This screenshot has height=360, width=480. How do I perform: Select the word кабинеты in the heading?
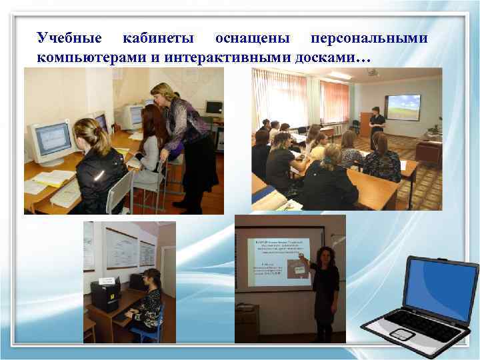157,39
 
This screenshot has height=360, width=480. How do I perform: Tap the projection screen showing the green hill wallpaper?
403,107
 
